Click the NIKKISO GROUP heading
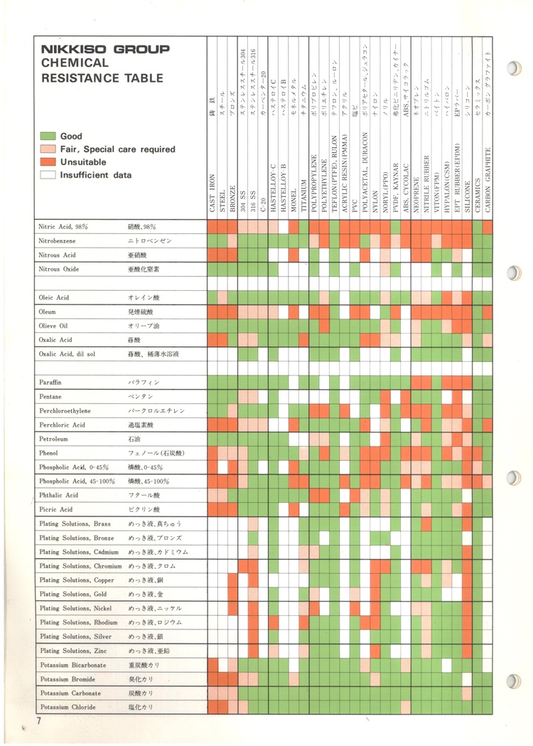105,50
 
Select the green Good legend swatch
48,136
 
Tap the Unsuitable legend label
85,162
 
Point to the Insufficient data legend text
95,175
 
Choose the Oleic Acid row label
55,298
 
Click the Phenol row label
50,453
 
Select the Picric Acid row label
56,510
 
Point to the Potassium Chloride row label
68,708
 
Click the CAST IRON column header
212,192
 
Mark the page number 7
40,722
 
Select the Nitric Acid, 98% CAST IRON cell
212,227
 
